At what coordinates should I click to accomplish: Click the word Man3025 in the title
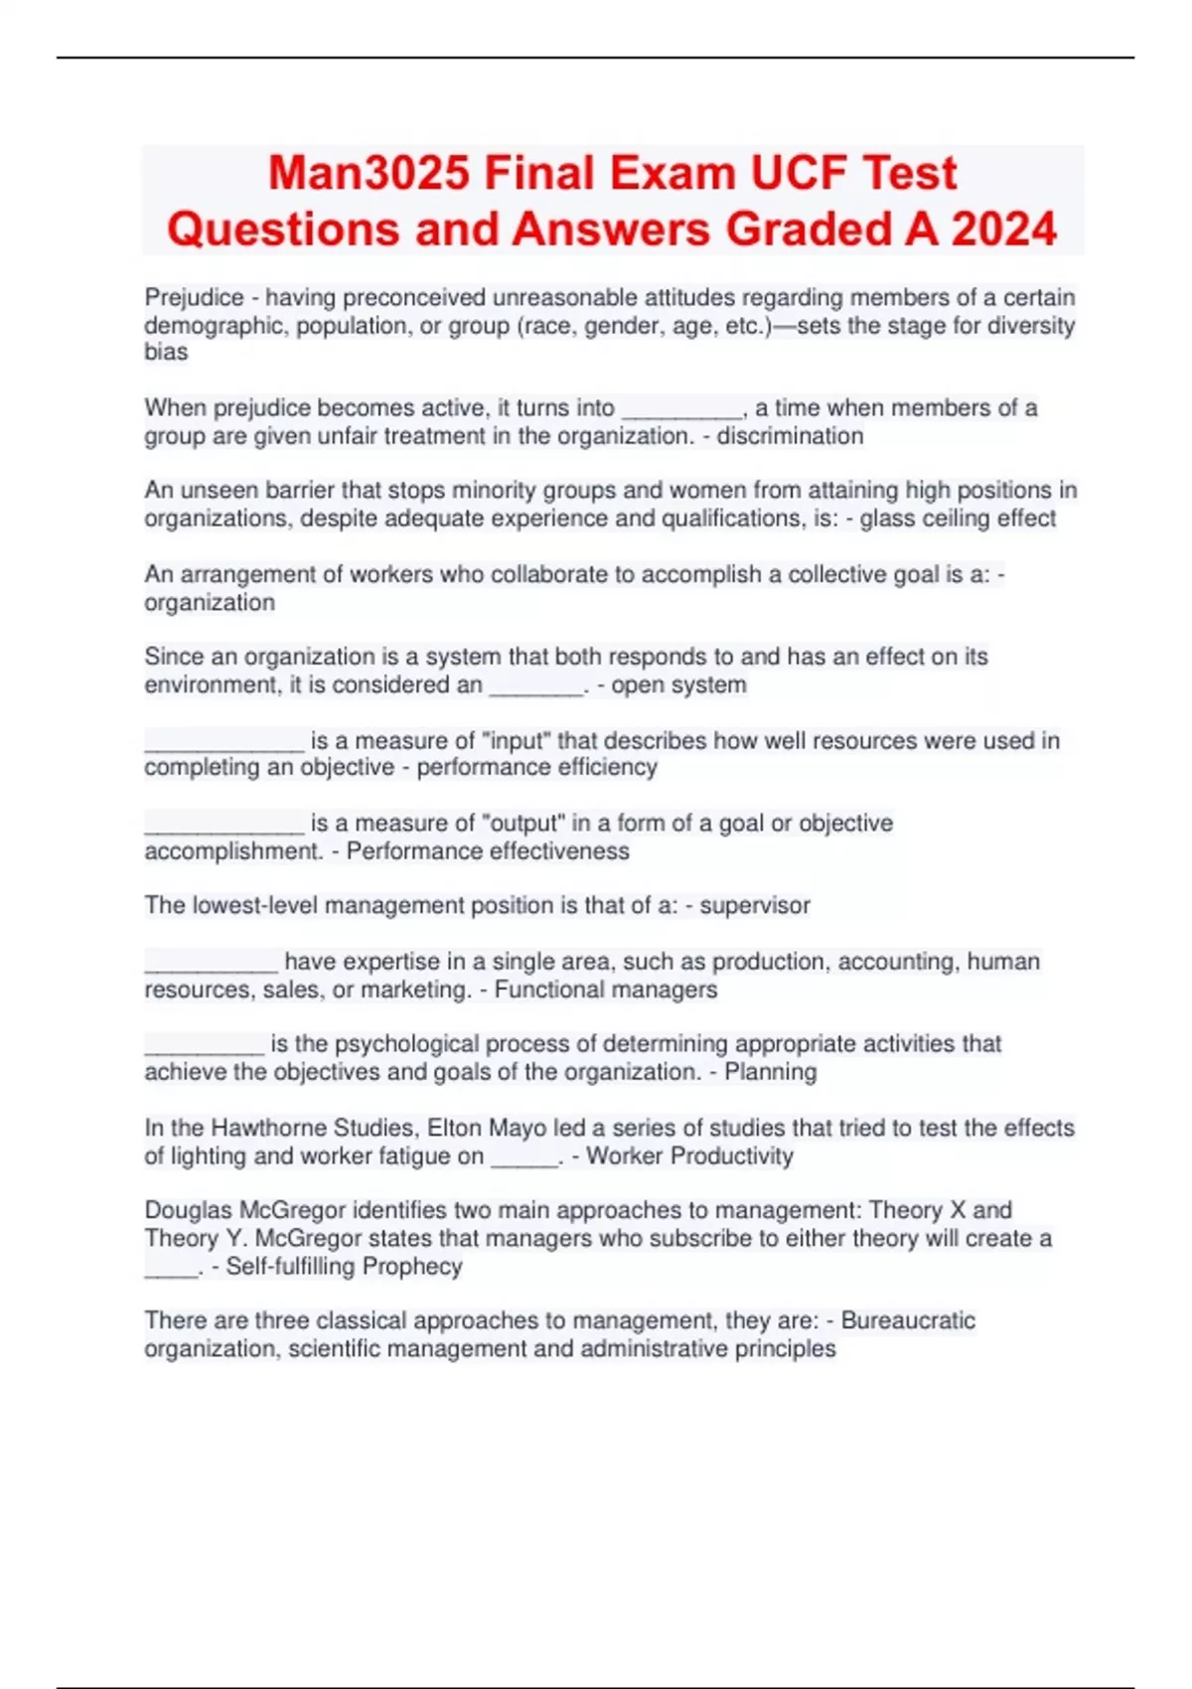click(x=369, y=174)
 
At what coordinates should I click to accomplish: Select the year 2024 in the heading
click(x=1004, y=230)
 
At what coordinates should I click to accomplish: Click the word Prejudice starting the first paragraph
click(x=194, y=298)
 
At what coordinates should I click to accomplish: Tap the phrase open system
click(x=678, y=686)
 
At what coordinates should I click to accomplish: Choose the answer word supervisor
click(x=755, y=906)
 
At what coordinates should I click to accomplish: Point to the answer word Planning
click(x=771, y=1073)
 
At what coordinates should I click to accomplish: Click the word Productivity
click(x=732, y=1156)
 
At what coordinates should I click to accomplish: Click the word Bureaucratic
click(x=908, y=1321)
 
